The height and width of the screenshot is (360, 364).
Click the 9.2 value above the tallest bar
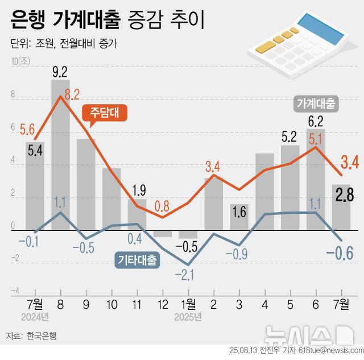[x=60, y=72]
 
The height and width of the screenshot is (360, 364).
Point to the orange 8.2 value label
[x=72, y=94]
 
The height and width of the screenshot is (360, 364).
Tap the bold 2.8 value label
[x=344, y=195]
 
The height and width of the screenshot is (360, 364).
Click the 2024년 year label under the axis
[x=35, y=316]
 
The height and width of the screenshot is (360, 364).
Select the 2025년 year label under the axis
[x=188, y=316]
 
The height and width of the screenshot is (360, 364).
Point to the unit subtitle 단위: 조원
[x=63, y=44]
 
